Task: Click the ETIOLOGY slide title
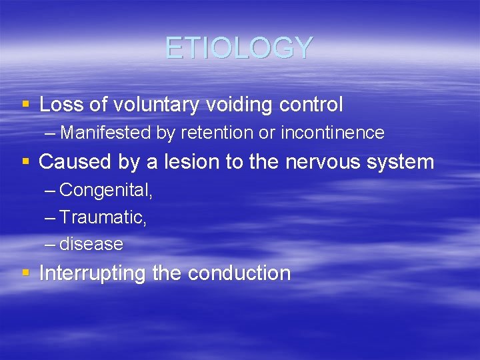[239, 48]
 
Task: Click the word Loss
[59, 105]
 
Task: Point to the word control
[311, 105]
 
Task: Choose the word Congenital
[106, 191]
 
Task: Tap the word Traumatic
[103, 217]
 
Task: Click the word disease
[91, 244]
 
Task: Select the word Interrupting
[93, 273]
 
